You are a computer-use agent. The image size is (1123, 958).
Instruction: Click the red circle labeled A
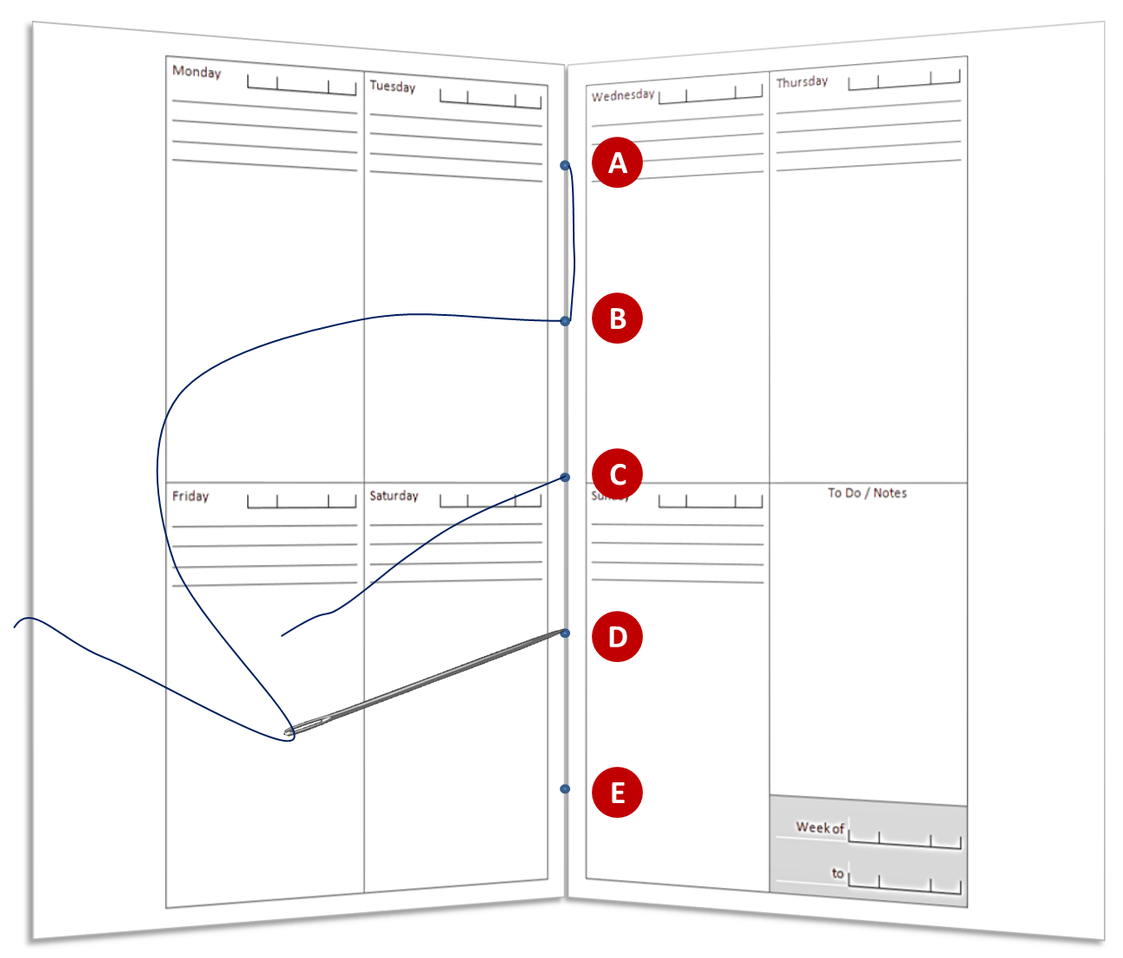click(617, 162)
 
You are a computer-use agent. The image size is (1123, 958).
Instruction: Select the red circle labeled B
click(617, 318)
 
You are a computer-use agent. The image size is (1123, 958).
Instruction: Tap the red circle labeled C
click(617, 474)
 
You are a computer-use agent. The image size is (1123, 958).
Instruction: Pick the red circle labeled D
click(617, 637)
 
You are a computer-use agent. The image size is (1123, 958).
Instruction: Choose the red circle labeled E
click(617, 793)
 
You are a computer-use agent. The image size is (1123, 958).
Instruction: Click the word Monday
click(196, 72)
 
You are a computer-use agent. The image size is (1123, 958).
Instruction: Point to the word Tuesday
click(392, 86)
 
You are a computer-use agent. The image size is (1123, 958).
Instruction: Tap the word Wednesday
click(623, 95)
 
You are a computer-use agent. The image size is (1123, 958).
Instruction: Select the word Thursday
click(802, 82)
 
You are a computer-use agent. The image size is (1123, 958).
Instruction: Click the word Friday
click(190, 496)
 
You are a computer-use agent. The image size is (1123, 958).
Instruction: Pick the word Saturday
click(394, 496)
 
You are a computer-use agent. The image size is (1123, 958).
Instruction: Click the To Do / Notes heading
click(867, 492)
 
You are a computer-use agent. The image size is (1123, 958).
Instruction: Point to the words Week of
click(820, 827)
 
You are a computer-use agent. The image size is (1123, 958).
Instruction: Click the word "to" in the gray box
click(837, 873)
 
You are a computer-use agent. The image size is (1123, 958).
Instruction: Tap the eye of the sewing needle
click(292, 731)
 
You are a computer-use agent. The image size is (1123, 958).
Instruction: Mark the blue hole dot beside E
click(565, 789)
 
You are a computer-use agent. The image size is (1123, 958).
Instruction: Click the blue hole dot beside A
click(565, 165)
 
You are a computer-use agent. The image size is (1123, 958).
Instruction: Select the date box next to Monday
click(301, 85)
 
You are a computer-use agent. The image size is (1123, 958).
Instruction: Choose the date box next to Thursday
click(904, 80)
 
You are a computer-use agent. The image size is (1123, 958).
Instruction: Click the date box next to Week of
click(905, 838)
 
